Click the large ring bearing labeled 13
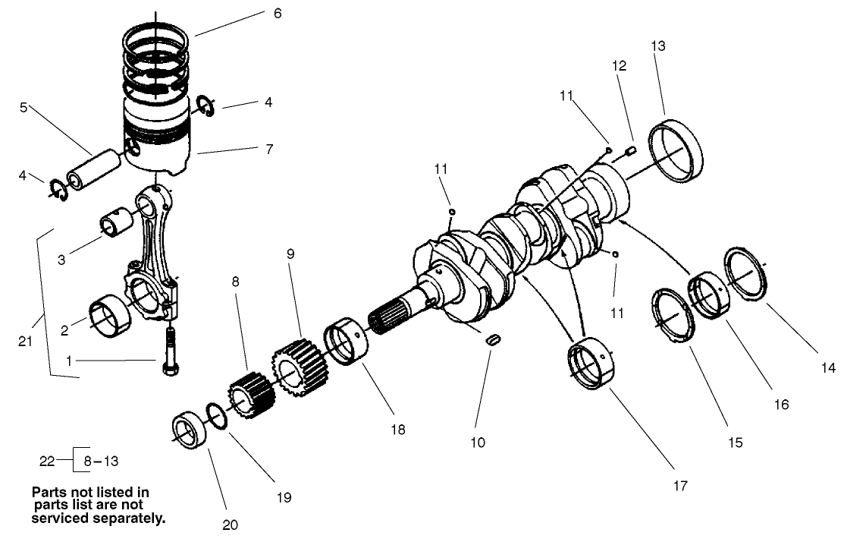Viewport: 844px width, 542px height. pos(676,150)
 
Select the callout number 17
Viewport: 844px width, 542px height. pos(680,486)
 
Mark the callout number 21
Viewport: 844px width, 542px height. pos(25,342)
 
